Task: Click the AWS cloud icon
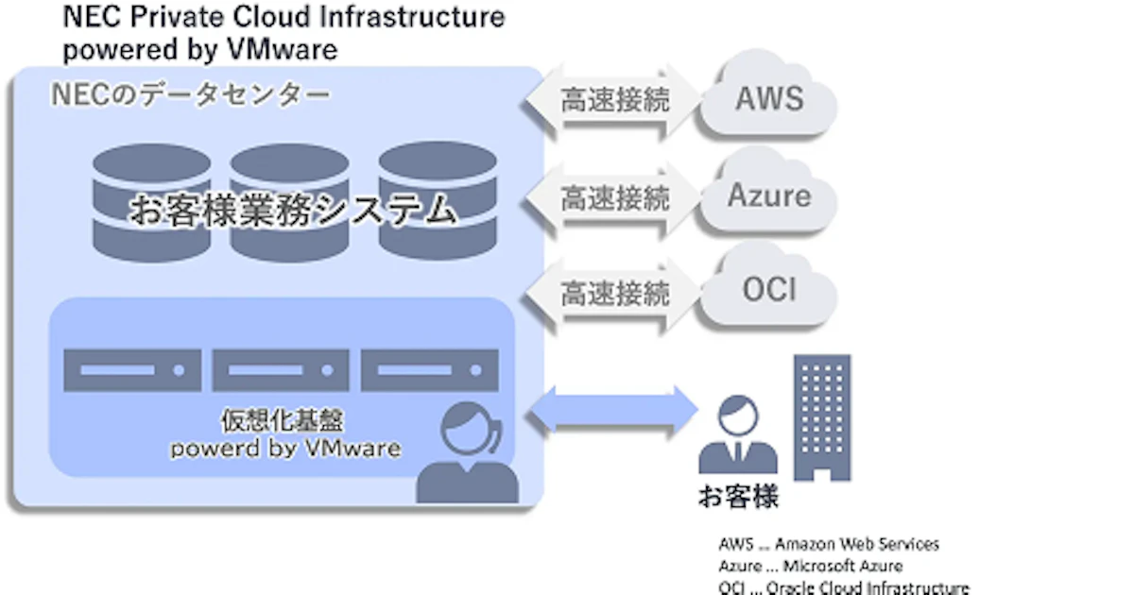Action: point(768,97)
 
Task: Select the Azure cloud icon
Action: point(768,195)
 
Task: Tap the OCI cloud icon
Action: point(768,289)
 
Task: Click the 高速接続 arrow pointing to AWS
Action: point(615,99)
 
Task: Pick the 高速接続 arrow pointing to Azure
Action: point(615,197)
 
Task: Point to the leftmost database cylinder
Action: point(151,203)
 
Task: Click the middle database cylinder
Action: point(287,203)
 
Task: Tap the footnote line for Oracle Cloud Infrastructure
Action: point(844,587)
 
